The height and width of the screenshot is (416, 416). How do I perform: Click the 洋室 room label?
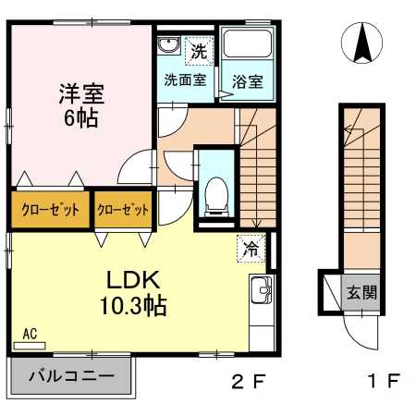coord(82,93)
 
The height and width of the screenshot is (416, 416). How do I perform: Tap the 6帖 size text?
coord(81,117)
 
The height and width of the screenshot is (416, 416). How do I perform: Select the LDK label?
coord(133,279)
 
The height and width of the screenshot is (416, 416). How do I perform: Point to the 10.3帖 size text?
coord(133,306)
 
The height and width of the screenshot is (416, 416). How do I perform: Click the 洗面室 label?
coord(185,80)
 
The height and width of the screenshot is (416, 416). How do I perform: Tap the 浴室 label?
coord(248,81)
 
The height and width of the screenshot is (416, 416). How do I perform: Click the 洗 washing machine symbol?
coord(199,51)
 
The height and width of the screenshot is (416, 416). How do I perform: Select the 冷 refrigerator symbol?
coord(251,248)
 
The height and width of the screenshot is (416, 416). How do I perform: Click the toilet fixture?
coord(216,196)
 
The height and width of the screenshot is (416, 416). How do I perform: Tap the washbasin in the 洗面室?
coord(168,45)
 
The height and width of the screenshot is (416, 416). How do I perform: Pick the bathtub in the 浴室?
coord(247,43)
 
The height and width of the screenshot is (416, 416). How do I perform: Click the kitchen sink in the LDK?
coord(262,289)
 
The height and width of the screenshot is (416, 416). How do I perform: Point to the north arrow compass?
coord(362,43)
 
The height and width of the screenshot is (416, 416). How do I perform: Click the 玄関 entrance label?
coord(362,292)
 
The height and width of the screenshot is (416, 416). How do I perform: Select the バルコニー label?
coord(72,376)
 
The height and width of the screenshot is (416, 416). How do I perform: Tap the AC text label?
coord(31,334)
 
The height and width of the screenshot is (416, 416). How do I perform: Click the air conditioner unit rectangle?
coord(30,346)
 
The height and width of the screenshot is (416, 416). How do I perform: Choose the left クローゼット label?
coord(51,210)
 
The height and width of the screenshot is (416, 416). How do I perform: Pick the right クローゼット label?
coord(123,210)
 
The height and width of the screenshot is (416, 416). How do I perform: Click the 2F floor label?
coord(248,382)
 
